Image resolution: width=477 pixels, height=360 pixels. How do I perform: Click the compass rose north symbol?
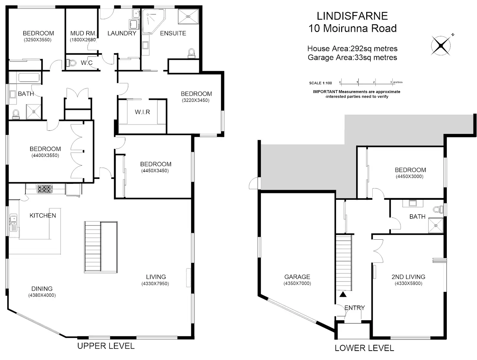(x=441, y=45)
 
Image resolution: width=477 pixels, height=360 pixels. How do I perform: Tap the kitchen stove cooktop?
(x=44, y=189)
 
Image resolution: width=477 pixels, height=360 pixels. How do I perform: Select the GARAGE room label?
(x=297, y=277)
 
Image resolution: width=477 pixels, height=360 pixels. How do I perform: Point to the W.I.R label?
(x=143, y=112)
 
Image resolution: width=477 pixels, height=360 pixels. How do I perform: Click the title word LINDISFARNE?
(x=352, y=16)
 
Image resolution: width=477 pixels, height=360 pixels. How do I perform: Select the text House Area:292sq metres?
(x=352, y=49)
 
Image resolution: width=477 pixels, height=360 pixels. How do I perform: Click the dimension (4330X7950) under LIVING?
(x=155, y=284)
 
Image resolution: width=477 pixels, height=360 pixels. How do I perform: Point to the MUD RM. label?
(x=83, y=33)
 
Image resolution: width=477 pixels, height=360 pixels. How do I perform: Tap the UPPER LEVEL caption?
(x=106, y=346)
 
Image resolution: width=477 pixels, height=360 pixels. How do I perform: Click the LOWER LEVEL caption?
(x=364, y=348)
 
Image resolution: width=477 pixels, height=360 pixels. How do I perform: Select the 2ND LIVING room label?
(x=408, y=277)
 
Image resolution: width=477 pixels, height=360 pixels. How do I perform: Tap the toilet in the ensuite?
(x=192, y=53)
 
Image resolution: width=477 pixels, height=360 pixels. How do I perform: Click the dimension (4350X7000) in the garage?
(x=297, y=283)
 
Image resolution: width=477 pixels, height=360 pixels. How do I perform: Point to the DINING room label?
(x=42, y=289)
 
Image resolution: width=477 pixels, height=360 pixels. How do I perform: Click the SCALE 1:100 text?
(x=320, y=83)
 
